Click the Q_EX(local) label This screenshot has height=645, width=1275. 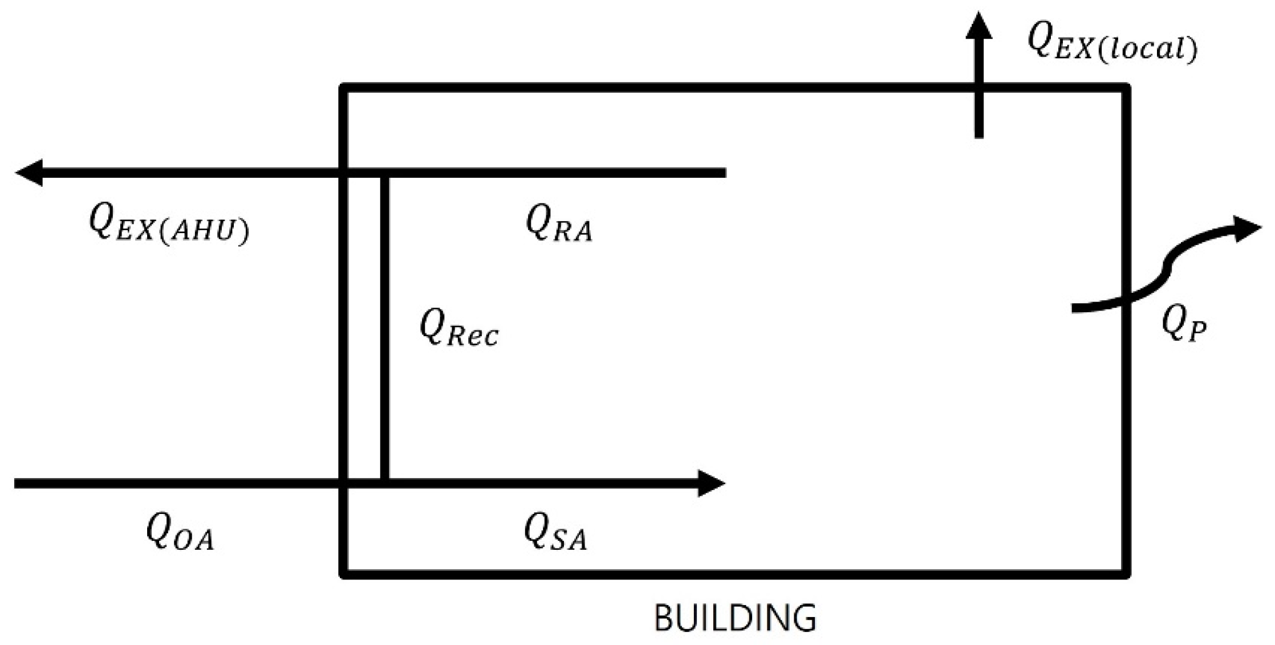(x=1112, y=43)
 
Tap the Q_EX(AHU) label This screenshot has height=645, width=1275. (x=169, y=224)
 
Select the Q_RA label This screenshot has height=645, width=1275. (x=559, y=224)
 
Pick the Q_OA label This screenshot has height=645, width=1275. (x=180, y=534)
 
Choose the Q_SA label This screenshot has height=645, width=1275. (x=555, y=534)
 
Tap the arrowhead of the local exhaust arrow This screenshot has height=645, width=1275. (x=979, y=26)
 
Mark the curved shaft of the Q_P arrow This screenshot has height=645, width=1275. (x=1163, y=273)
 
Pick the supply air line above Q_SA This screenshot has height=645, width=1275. (x=542, y=484)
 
